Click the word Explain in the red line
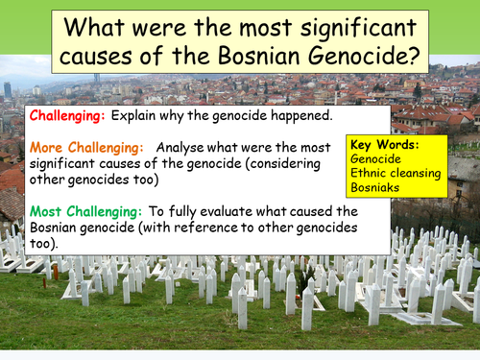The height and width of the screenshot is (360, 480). coord(133,115)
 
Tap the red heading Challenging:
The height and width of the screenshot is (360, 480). coord(68,115)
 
